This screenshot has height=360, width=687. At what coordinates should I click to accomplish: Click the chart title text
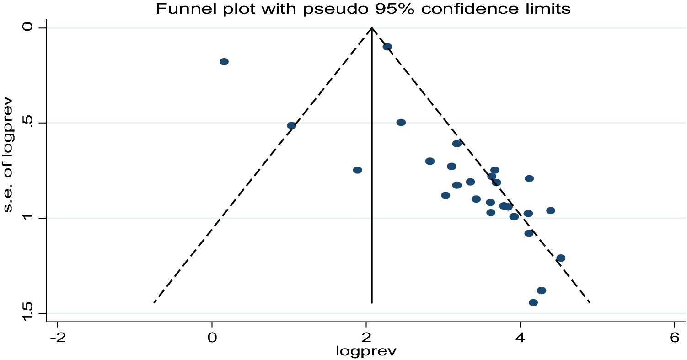point(363,9)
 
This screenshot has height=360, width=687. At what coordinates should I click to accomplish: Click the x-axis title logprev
point(366,351)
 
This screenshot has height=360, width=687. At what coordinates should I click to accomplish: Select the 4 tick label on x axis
point(520,338)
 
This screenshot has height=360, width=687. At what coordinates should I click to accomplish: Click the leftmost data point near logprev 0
point(224,62)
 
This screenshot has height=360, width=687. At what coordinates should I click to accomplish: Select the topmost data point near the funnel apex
point(387,47)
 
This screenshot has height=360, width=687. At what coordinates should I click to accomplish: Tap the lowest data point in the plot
point(533,302)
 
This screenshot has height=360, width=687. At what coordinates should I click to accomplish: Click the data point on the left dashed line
point(291,125)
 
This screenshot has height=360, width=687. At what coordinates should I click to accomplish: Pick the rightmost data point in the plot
point(561,258)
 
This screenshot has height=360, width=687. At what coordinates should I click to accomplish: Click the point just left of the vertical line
point(358,170)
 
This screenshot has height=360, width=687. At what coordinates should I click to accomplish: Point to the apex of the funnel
point(372,28)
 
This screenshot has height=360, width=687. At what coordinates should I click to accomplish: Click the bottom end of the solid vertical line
point(372,302)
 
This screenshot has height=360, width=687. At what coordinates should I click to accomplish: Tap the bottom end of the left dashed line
point(154,302)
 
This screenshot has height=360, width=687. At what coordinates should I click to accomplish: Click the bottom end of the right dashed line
point(590,302)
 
